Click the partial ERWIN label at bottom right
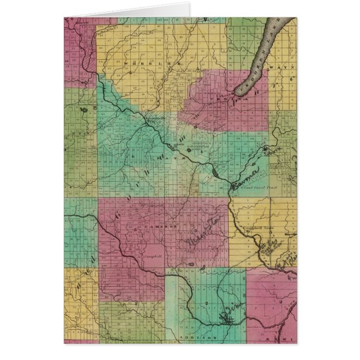[x=286, y=338]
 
